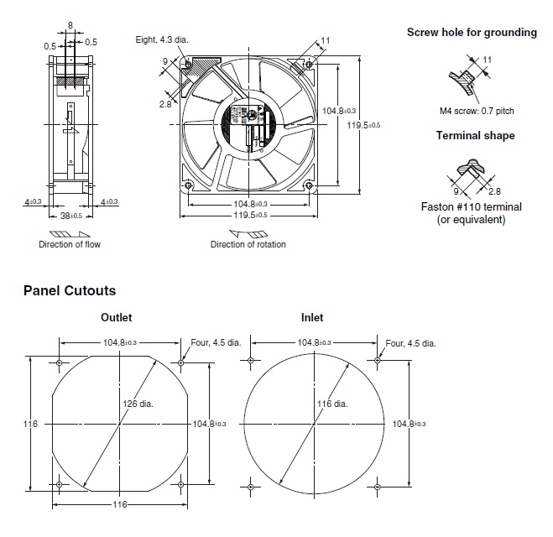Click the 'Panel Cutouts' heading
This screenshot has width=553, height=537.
tap(70, 290)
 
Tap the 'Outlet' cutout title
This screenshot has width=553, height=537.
tap(117, 318)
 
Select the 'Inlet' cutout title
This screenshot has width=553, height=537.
tap(312, 318)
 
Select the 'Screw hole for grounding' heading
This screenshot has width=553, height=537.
tap(472, 33)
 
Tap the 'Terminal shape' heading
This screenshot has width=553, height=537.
tap(475, 135)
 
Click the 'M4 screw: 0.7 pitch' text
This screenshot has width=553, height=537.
tap(477, 111)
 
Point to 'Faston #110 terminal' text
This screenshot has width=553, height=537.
tap(471, 206)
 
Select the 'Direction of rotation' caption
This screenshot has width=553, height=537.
tap(248, 245)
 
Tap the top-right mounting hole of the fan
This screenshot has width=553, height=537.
tap(310, 64)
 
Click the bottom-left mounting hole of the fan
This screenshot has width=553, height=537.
tap(188, 185)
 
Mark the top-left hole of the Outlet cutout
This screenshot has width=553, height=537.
tap(59, 362)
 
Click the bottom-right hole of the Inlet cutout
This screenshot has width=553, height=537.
tap(378, 486)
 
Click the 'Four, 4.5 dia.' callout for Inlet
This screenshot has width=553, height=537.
tap(410, 343)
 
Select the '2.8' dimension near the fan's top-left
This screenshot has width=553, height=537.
tap(165, 103)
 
